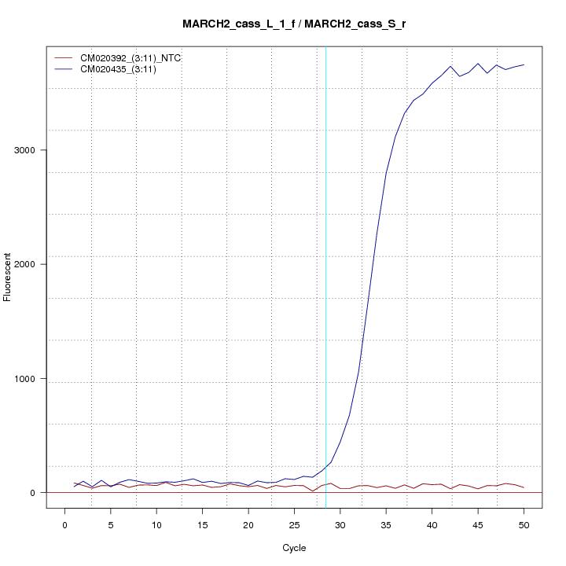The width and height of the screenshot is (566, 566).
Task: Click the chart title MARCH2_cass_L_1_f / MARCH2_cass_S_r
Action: (294, 24)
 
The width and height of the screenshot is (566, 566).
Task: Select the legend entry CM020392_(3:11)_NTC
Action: (130, 58)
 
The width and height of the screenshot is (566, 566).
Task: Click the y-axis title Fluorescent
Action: (9, 277)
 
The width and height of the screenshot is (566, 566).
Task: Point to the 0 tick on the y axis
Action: (33, 493)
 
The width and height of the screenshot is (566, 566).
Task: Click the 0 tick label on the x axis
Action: (65, 524)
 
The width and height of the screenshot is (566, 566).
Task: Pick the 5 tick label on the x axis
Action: (111, 524)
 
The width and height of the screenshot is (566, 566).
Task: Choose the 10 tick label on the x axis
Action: (157, 524)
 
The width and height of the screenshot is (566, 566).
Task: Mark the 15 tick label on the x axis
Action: (203, 524)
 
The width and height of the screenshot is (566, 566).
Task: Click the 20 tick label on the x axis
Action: (248, 524)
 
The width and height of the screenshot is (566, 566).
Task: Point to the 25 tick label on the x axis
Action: (294, 524)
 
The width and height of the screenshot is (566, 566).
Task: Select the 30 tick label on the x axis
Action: (340, 524)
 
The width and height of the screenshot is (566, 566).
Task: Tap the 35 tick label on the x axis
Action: (386, 524)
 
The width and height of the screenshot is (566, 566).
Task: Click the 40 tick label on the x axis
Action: (432, 524)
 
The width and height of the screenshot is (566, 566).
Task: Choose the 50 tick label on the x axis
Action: (524, 524)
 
